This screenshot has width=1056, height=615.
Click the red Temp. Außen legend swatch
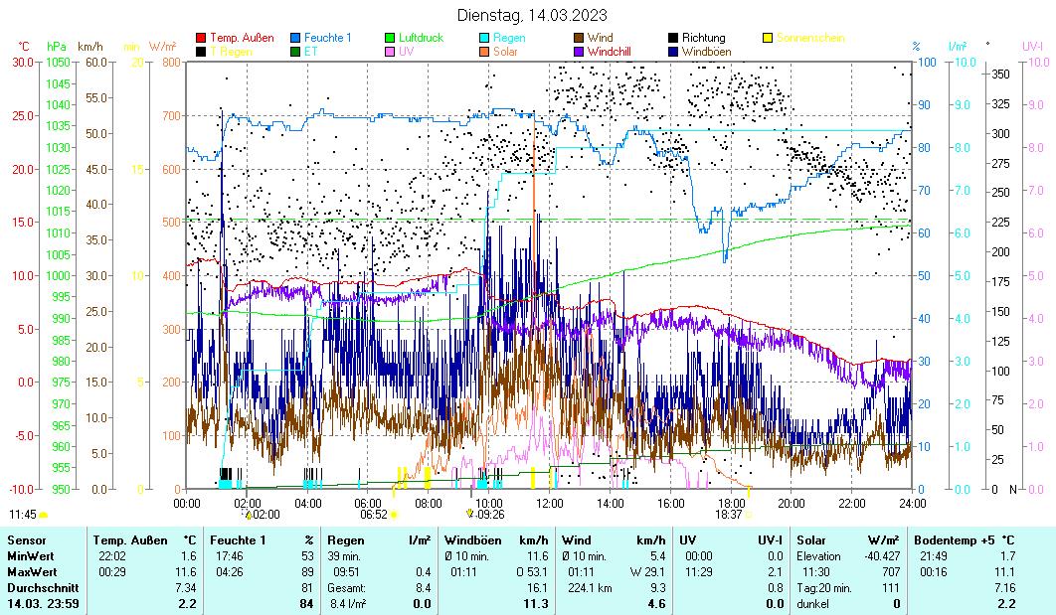pos(202,38)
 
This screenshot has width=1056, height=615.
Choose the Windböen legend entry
pos(710,51)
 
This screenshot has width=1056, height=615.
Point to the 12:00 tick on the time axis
pos(549,502)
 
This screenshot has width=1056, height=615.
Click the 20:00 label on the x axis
pos(791,502)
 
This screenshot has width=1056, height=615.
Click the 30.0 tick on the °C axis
pos(21,62)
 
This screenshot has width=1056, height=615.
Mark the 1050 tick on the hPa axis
pos(57,62)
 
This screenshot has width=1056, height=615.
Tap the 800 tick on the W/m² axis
pos(170,62)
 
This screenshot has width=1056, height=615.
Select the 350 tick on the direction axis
pos(1000,74)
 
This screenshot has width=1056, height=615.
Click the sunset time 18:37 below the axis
pos(729,515)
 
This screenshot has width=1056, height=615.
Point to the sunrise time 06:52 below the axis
pos(373,515)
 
